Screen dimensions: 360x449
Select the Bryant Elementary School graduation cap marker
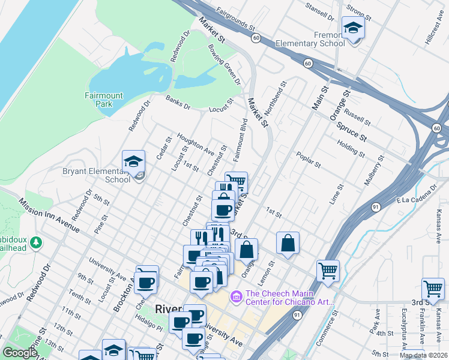[133, 161]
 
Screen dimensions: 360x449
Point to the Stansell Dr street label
[319, 11]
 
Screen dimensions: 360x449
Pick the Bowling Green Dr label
[224, 64]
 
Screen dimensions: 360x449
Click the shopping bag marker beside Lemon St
[288, 243]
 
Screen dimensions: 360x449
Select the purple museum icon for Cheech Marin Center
[236, 296]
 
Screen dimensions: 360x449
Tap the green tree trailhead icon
[37, 242]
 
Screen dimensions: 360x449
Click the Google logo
[20, 353]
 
